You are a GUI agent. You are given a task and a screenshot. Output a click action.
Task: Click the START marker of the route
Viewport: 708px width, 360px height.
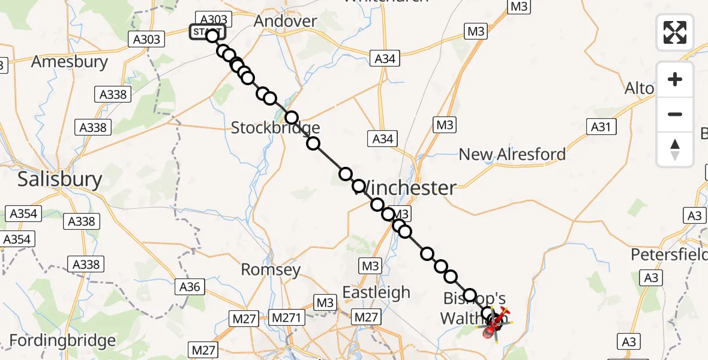[209, 32]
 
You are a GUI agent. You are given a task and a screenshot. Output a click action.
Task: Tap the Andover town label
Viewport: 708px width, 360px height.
[285, 21]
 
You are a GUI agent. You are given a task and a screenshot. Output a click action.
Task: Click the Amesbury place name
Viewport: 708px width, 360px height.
[70, 62]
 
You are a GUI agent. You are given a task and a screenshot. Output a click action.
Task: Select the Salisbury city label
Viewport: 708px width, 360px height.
[60, 179]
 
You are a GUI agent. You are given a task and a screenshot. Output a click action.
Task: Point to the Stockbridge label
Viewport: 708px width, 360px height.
[275, 128]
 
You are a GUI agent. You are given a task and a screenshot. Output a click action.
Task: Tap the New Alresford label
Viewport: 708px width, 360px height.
[512, 154]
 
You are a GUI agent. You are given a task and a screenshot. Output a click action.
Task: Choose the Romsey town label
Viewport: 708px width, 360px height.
[270, 270]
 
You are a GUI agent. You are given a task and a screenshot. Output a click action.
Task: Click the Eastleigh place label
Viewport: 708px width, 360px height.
[376, 293]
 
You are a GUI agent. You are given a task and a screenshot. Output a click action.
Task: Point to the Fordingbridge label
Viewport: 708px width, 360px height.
[62, 341]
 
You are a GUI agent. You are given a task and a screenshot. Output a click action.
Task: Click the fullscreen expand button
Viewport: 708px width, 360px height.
[675, 32]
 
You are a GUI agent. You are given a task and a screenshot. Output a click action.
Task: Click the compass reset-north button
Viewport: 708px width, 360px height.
[675, 149]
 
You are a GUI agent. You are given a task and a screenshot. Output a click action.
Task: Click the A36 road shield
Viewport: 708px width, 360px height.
[190, 287]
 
